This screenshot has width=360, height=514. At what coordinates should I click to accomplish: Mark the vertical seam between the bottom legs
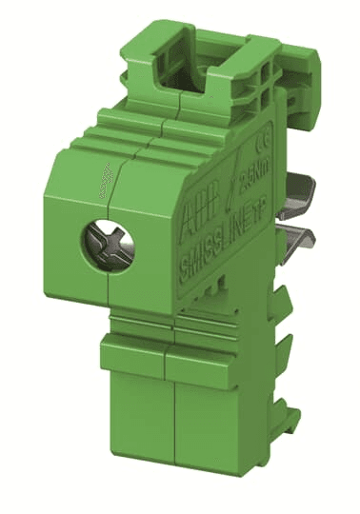[x=168, y=419]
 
